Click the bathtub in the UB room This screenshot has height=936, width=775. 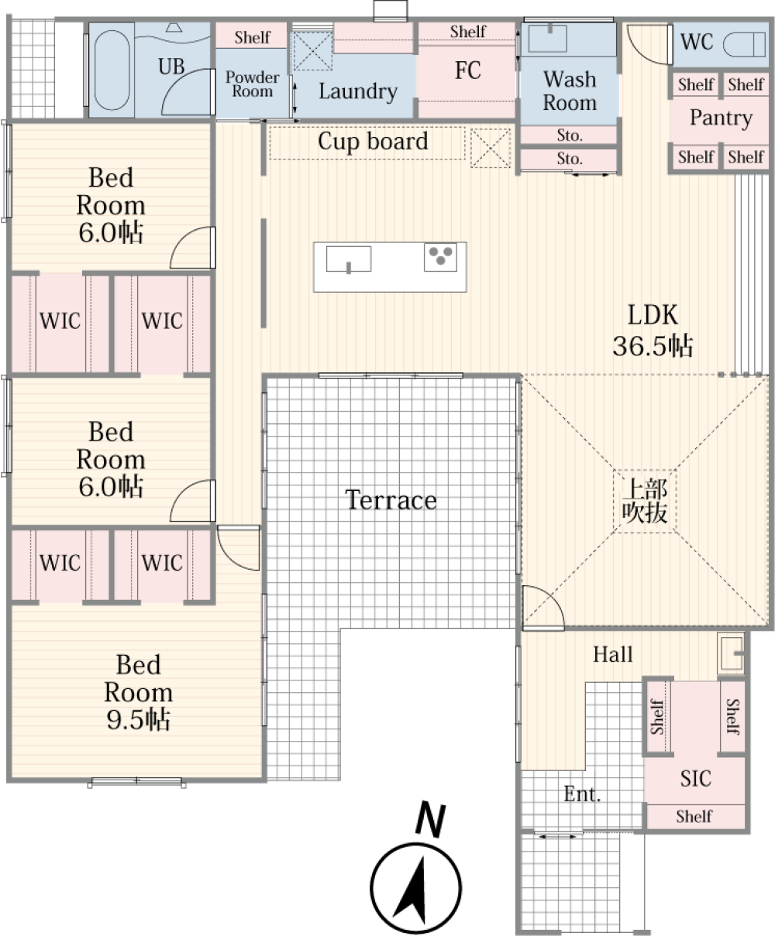[110, 70]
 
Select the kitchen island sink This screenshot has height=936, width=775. [348, 259]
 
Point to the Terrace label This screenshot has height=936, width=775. [391, 500]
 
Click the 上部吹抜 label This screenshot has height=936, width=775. [646, 501]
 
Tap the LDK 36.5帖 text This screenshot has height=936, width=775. [653, 331]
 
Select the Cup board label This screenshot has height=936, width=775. [373, 142]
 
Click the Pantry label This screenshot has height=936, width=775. [721, 118]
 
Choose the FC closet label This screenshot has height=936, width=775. [467, 71]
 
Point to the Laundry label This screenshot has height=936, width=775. [357, 91]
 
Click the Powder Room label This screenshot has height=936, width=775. [252, 84]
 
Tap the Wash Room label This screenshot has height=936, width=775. [570, 91]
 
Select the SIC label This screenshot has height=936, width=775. [695, 779]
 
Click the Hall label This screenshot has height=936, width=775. [612, 655]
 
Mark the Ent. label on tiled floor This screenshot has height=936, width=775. [582, 794]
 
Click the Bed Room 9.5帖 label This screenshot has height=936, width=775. [138, 692]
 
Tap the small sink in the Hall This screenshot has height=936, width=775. [730, 653]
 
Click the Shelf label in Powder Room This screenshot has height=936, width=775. [252, 37]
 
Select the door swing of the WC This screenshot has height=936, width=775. [646, 46]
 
